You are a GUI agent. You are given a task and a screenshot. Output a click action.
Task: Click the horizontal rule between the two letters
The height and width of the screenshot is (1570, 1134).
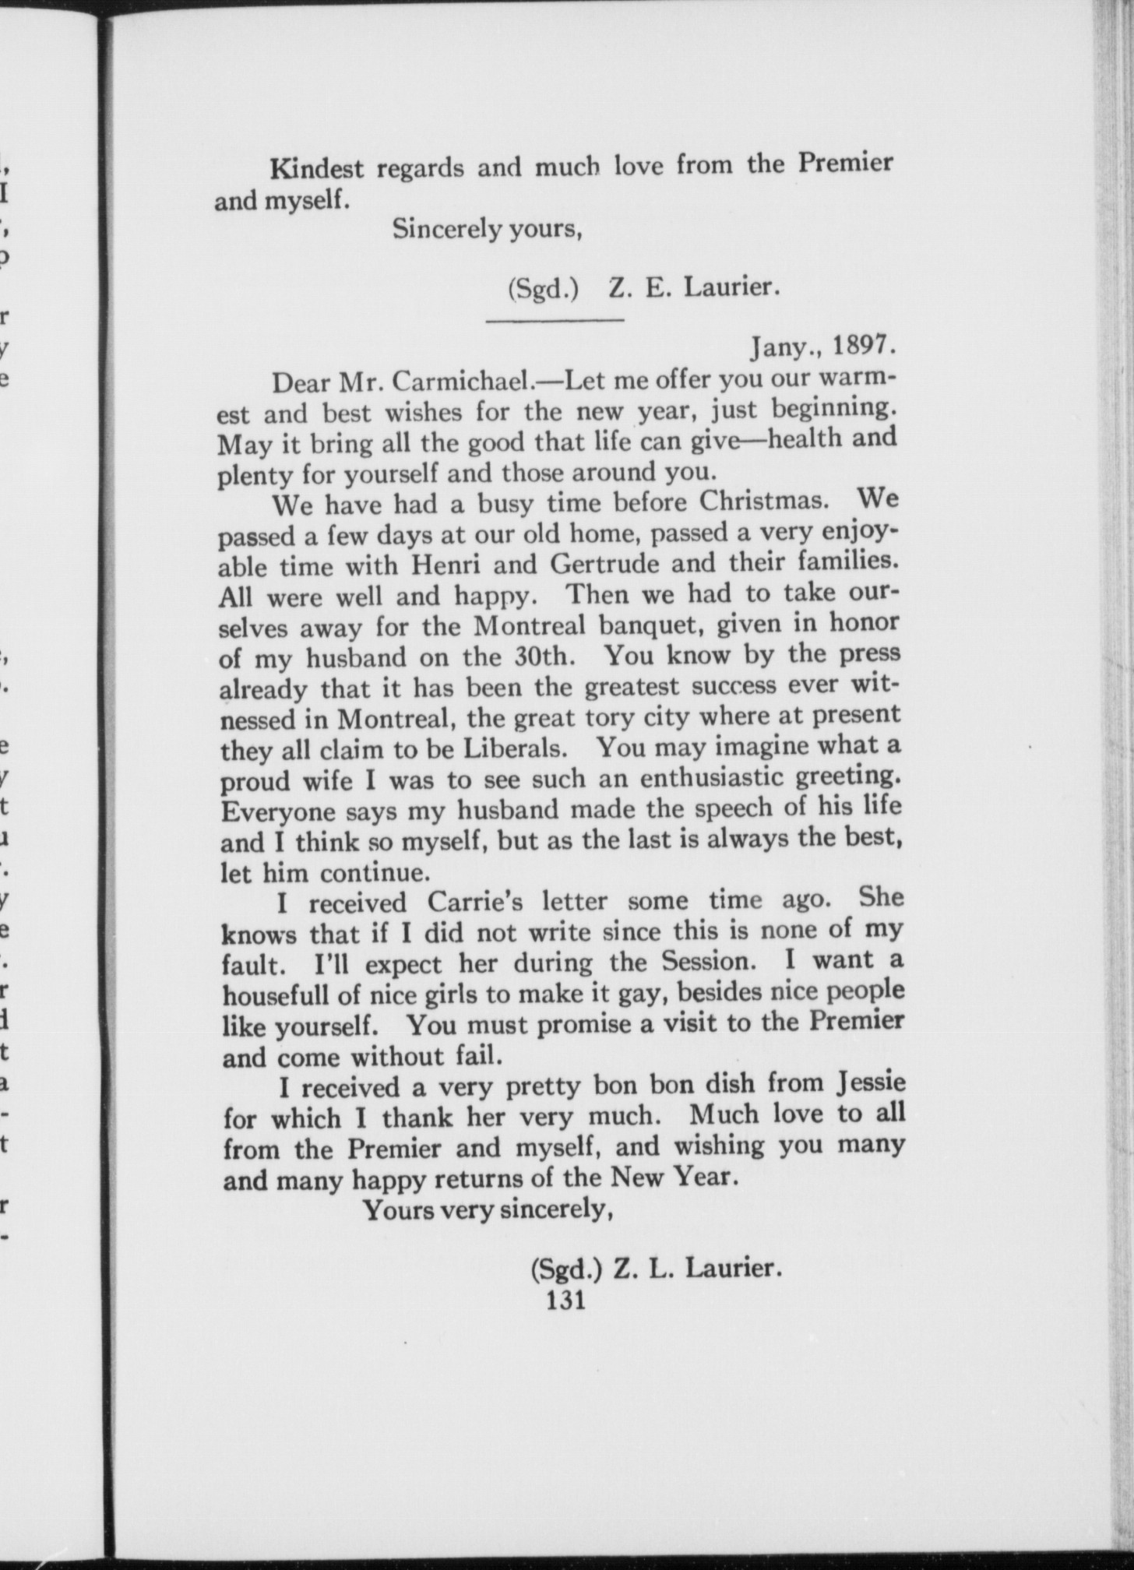coord(555,320)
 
